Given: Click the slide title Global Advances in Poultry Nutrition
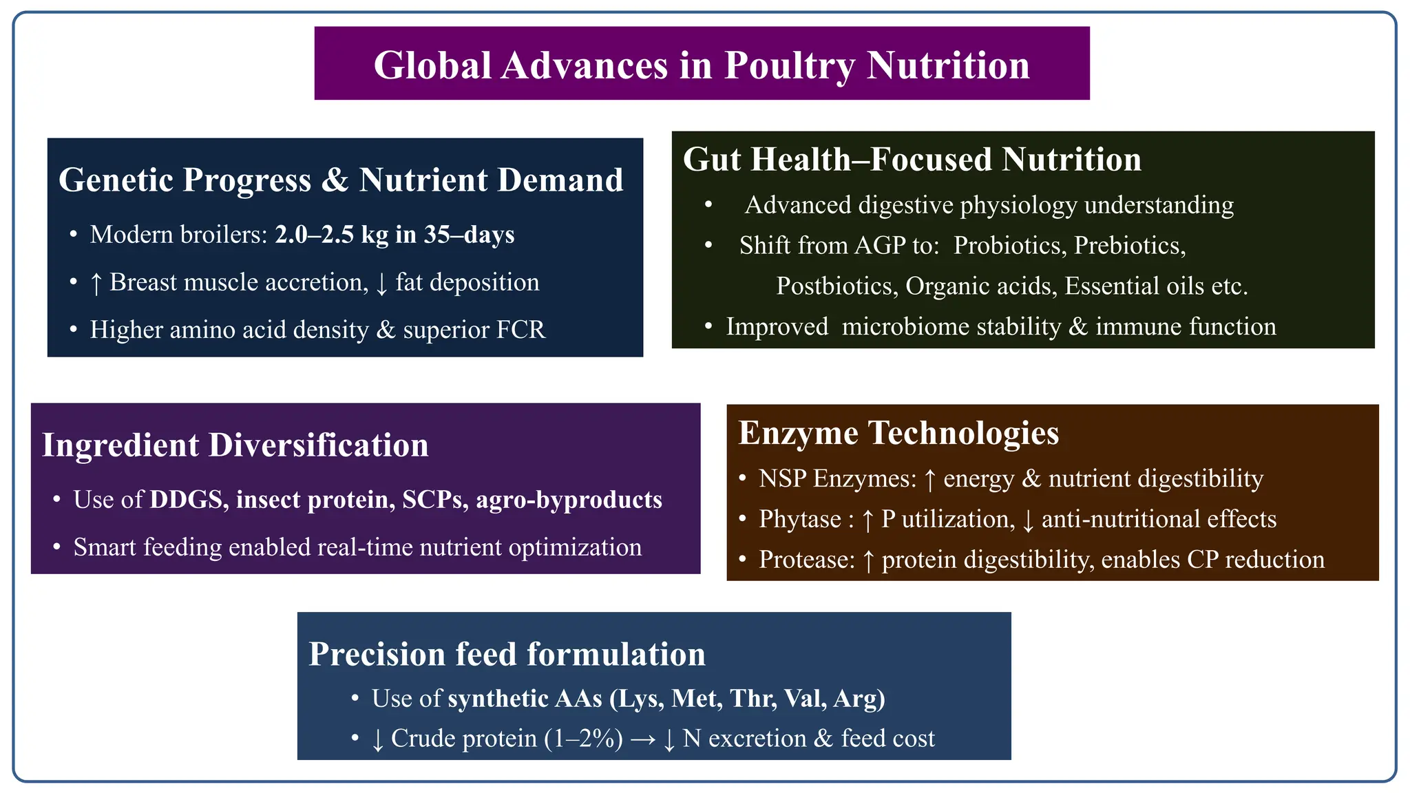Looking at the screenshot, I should (x=702, y=65).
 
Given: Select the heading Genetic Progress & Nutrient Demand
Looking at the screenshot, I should (x=341, y=180).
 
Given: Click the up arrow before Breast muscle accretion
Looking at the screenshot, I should (x=96, y=283).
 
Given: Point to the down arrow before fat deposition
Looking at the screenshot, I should (x=382, y=283).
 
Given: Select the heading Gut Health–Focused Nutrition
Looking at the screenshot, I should (x=912, y=160).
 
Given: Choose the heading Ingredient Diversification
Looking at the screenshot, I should (x=235, y=445).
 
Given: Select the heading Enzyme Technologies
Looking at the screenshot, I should (x=898, y=433).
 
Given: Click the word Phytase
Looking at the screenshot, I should (x=799, y=519).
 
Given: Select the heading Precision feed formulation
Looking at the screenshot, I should (x=507, y=654).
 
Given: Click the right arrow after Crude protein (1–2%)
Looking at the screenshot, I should (x=642, y=739).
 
